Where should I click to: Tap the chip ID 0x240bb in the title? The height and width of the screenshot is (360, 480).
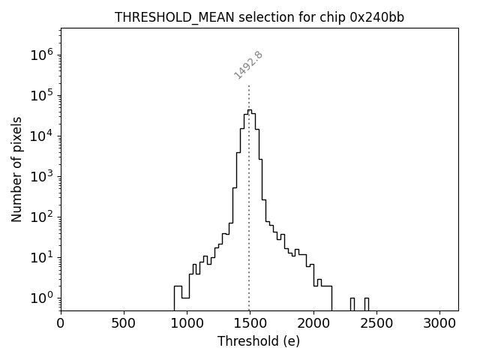click(376, 17)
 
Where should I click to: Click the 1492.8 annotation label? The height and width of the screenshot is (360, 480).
click(248, 65)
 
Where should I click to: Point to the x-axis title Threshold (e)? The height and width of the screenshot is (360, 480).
click(259, 341)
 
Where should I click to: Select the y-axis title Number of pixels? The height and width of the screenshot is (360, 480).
click(16, 169)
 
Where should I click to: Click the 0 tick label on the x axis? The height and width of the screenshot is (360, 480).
click(61, 323)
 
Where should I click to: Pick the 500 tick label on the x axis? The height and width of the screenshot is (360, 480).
click(124, 323)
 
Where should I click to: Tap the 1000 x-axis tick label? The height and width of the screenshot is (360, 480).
click(187, 323)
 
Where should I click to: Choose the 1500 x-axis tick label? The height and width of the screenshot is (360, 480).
click(250, 323)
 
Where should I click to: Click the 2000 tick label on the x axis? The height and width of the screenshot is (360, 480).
click(313, 323)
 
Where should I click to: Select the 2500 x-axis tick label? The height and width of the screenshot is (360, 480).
click(376, 323)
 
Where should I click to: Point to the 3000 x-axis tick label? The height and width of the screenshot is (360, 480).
click(439, 323)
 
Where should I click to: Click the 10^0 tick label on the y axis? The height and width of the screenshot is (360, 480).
click(43, 298)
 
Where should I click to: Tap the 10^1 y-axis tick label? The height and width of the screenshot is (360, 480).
click(43, 257)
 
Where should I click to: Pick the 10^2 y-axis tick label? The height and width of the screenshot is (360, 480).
click(43, 217)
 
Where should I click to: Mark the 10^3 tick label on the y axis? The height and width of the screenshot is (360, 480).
click(43, 176)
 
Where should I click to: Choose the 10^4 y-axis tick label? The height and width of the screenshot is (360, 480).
click(43, 136)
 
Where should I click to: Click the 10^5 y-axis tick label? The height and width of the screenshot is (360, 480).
click(43, 95)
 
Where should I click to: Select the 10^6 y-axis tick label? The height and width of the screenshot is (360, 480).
click(43, 55)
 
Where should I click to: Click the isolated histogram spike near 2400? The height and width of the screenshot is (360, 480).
click(366, 303)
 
